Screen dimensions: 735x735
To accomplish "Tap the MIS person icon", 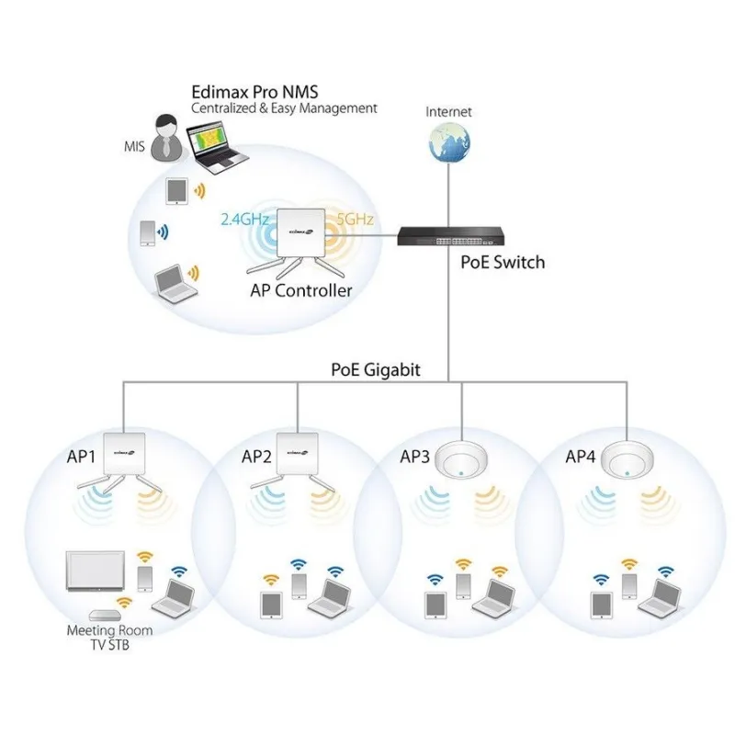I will coord(165,137).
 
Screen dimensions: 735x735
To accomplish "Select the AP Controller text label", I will coord(300,290).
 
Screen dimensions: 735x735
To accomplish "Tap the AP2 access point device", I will coord(298,451).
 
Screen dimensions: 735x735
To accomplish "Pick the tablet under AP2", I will coord(271,604).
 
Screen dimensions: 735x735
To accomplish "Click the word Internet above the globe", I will coord(448,112).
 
